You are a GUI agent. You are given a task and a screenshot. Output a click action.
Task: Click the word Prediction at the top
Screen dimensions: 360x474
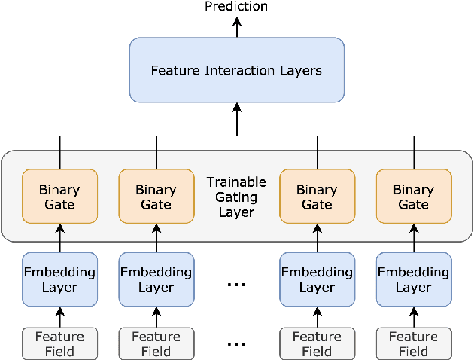point(236,7)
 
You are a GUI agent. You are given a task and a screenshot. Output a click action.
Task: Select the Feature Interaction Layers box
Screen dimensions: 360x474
point(236,70)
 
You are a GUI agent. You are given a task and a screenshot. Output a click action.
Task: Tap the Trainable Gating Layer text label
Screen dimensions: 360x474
point(236,197)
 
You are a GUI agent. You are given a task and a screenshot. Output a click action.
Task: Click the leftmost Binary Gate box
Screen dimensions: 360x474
point(59,197)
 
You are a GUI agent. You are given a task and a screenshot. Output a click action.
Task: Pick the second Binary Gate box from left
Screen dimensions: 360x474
point(156,197)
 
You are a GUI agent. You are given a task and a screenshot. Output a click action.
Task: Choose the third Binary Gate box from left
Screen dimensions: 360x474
point(317,197)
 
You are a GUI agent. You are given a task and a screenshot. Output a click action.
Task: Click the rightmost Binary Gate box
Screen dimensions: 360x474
point(413,197)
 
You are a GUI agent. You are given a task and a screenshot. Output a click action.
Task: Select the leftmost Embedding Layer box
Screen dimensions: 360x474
point(59,279)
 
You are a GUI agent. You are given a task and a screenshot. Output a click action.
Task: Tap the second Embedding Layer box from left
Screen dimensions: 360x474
point(156,279)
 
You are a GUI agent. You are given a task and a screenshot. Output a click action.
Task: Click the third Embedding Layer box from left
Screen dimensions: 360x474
point(317,279)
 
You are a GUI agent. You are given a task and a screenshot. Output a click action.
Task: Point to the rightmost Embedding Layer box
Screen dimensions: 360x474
point(413,279)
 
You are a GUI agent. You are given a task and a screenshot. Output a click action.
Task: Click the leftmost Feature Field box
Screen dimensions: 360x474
point(59,344)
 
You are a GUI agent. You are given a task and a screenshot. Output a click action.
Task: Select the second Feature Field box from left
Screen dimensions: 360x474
point(156,344)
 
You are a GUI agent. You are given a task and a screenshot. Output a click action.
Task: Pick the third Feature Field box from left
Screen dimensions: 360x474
point(317,344)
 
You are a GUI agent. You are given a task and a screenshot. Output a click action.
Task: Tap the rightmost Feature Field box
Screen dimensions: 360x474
point(413,344)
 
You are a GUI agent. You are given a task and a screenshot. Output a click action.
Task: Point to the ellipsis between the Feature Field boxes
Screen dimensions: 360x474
point(236,345)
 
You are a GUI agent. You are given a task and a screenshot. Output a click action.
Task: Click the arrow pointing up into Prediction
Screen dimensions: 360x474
point(236,26)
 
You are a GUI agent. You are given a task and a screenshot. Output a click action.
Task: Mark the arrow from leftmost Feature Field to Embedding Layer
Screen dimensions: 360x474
point(59,317)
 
